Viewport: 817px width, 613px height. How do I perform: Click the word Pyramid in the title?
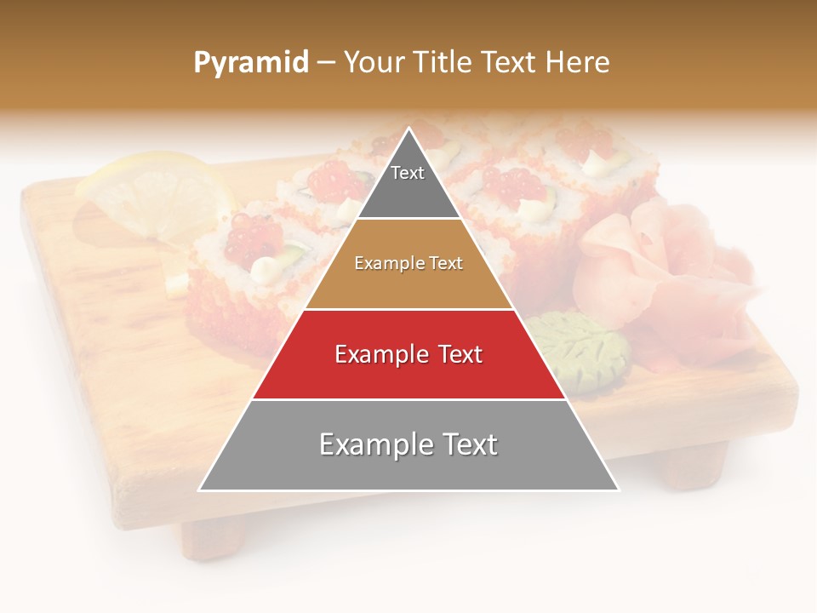(x=251, y=63)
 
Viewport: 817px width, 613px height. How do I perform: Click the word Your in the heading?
(x=374, y=63)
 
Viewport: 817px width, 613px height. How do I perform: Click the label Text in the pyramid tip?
(x=408, y=173)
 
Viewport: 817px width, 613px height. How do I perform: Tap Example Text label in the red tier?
(x=408, y=354)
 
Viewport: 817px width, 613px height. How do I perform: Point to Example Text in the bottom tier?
(x=408, y=444)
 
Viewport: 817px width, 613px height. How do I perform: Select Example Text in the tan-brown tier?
(x=408, y=263)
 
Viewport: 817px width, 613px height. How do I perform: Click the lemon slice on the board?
(x=153, y=196)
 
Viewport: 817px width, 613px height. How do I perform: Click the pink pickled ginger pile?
(x=655, y=264)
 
